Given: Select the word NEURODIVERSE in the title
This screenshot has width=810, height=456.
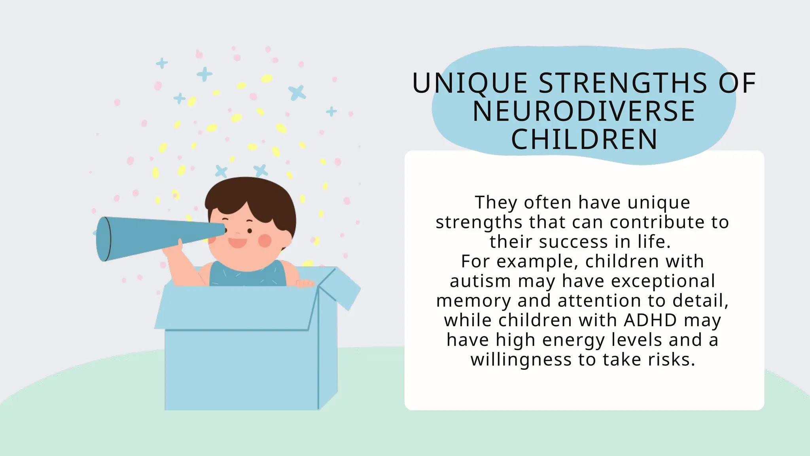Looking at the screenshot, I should pos(584,111).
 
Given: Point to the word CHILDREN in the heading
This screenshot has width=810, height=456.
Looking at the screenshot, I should pos(584,139).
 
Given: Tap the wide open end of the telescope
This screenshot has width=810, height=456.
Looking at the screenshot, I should pos(104,239).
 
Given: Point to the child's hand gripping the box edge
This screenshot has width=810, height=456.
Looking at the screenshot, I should pos(305,283).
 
